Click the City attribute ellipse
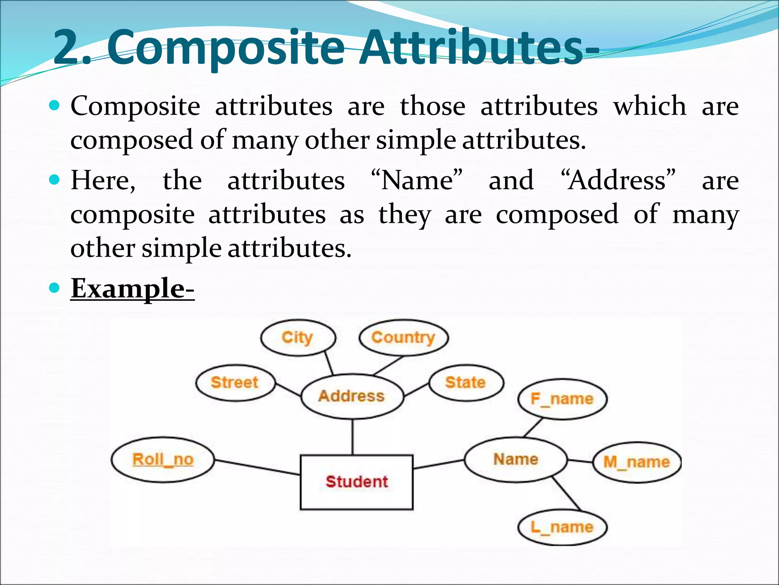(298, 338)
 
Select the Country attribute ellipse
(403, 337)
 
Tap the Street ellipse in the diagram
(235, 383)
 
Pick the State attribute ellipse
(466, 383)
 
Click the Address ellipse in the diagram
(352, 396)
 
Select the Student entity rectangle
(356, 482)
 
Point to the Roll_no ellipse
(163, 460)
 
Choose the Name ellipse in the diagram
(515, 460)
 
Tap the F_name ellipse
(562, 399)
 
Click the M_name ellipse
(637, 462)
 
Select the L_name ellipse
(562, 527)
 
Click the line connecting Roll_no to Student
(257, 467)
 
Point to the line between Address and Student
(353, 437)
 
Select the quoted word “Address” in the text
(618, 180)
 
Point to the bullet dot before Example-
(55, 288)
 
